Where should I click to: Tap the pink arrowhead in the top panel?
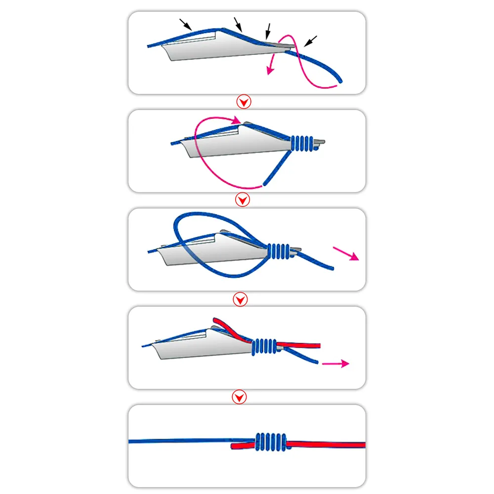point(269,70)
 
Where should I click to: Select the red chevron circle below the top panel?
point(244,102)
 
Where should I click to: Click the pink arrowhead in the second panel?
point(237,120)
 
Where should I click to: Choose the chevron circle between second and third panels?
point(243,200)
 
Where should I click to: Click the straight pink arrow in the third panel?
point(346,254)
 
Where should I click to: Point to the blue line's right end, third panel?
point(332,268)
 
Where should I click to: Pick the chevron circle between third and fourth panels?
point(240,299)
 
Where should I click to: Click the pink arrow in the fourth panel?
point(335,364)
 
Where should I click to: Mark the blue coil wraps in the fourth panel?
point(264,347)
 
